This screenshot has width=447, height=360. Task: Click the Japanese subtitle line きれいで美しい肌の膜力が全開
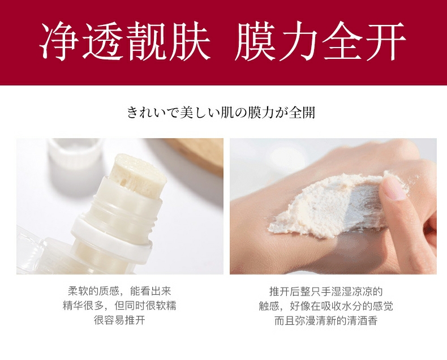point(221,112)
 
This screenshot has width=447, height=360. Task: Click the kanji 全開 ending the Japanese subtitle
point(302,112)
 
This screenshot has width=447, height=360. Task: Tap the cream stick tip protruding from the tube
point(140,174)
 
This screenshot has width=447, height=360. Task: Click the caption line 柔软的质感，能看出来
point(119,291)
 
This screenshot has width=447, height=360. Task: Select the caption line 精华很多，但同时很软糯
point(119,306)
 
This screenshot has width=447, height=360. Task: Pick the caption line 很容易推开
point(119,320)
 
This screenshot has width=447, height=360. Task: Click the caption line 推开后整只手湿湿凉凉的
point(326,292)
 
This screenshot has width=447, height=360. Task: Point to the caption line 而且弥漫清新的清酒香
point(326,320)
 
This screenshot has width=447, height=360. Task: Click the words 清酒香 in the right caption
point(362,320)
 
